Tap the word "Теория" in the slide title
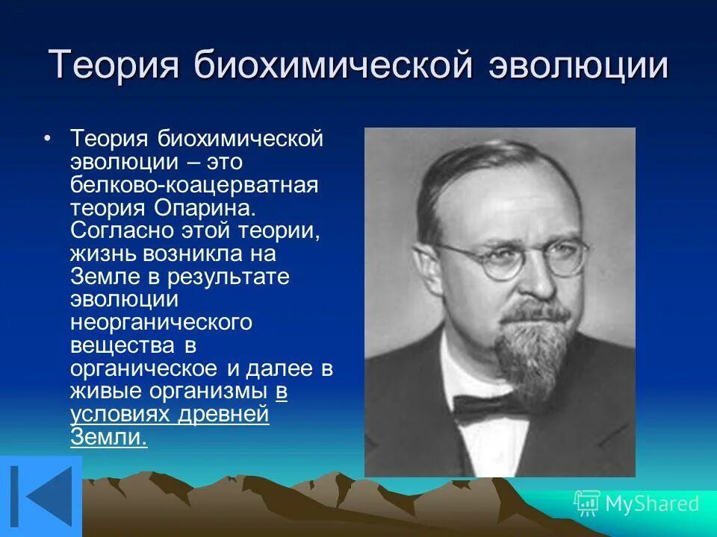114,66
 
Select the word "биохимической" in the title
334,66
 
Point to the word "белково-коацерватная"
194,184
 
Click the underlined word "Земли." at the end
108,438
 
